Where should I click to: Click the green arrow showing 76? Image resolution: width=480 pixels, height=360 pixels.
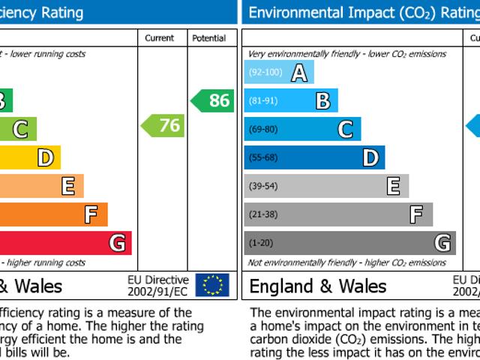pos(163,125)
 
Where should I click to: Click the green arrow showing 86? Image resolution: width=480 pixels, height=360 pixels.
pos(213,100)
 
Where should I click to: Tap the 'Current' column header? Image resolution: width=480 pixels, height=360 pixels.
pos(160,38)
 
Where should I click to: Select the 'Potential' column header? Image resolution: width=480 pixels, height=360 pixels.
pos(208,38)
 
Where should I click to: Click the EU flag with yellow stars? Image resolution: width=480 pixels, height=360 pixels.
pos(212,285)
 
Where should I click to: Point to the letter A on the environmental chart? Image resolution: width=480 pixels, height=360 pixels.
pos(299,73)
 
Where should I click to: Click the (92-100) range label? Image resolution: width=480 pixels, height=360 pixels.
pos(265,73)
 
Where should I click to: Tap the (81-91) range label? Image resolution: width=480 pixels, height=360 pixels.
pos(262,101)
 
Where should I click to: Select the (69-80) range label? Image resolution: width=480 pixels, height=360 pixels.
pos(262,130)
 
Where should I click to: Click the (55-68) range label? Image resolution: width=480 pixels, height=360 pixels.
pos(262,157)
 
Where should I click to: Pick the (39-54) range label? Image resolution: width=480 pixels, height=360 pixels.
pos(262,186)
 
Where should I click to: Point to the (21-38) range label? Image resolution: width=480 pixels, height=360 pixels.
pos(262,214)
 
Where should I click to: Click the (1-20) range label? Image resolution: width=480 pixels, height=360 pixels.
pos(260,243)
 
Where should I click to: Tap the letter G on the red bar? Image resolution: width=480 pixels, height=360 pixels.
pos(116,243)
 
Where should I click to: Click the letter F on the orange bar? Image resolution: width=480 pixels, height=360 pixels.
pos(91,215)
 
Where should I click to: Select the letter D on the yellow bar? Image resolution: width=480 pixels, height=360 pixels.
pos(45,157)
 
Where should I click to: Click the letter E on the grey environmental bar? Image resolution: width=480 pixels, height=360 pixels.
pos(393,186)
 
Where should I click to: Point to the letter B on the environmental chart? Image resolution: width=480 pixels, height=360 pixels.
pos(322,101)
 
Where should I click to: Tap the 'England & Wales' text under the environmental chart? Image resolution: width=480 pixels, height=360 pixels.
pos(318,286)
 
